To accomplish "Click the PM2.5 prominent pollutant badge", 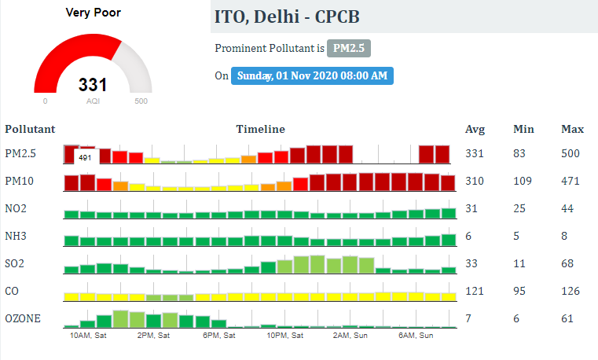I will click(349, 49).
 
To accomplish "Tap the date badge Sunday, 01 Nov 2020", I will click(312, 75).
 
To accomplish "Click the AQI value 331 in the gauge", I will click(93, 85).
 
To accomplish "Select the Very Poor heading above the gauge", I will click(94, 13).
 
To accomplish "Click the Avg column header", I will click(475, 129).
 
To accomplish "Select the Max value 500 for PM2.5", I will click(570, 153).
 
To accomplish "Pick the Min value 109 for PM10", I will click(523, 181).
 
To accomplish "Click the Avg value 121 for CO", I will click(475, 291).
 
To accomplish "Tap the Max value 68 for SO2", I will click(567, 263).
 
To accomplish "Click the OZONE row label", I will click(22, 318).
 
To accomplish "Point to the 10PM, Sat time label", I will click(284, 336).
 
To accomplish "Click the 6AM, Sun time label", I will click(416, 336).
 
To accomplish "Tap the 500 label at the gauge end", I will click(141, 101).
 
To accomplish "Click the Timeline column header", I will click(260, 129).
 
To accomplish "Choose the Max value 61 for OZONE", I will click(567, 318).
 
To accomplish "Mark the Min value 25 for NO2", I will click(520, 208).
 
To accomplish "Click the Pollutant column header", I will click(30, 129).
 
